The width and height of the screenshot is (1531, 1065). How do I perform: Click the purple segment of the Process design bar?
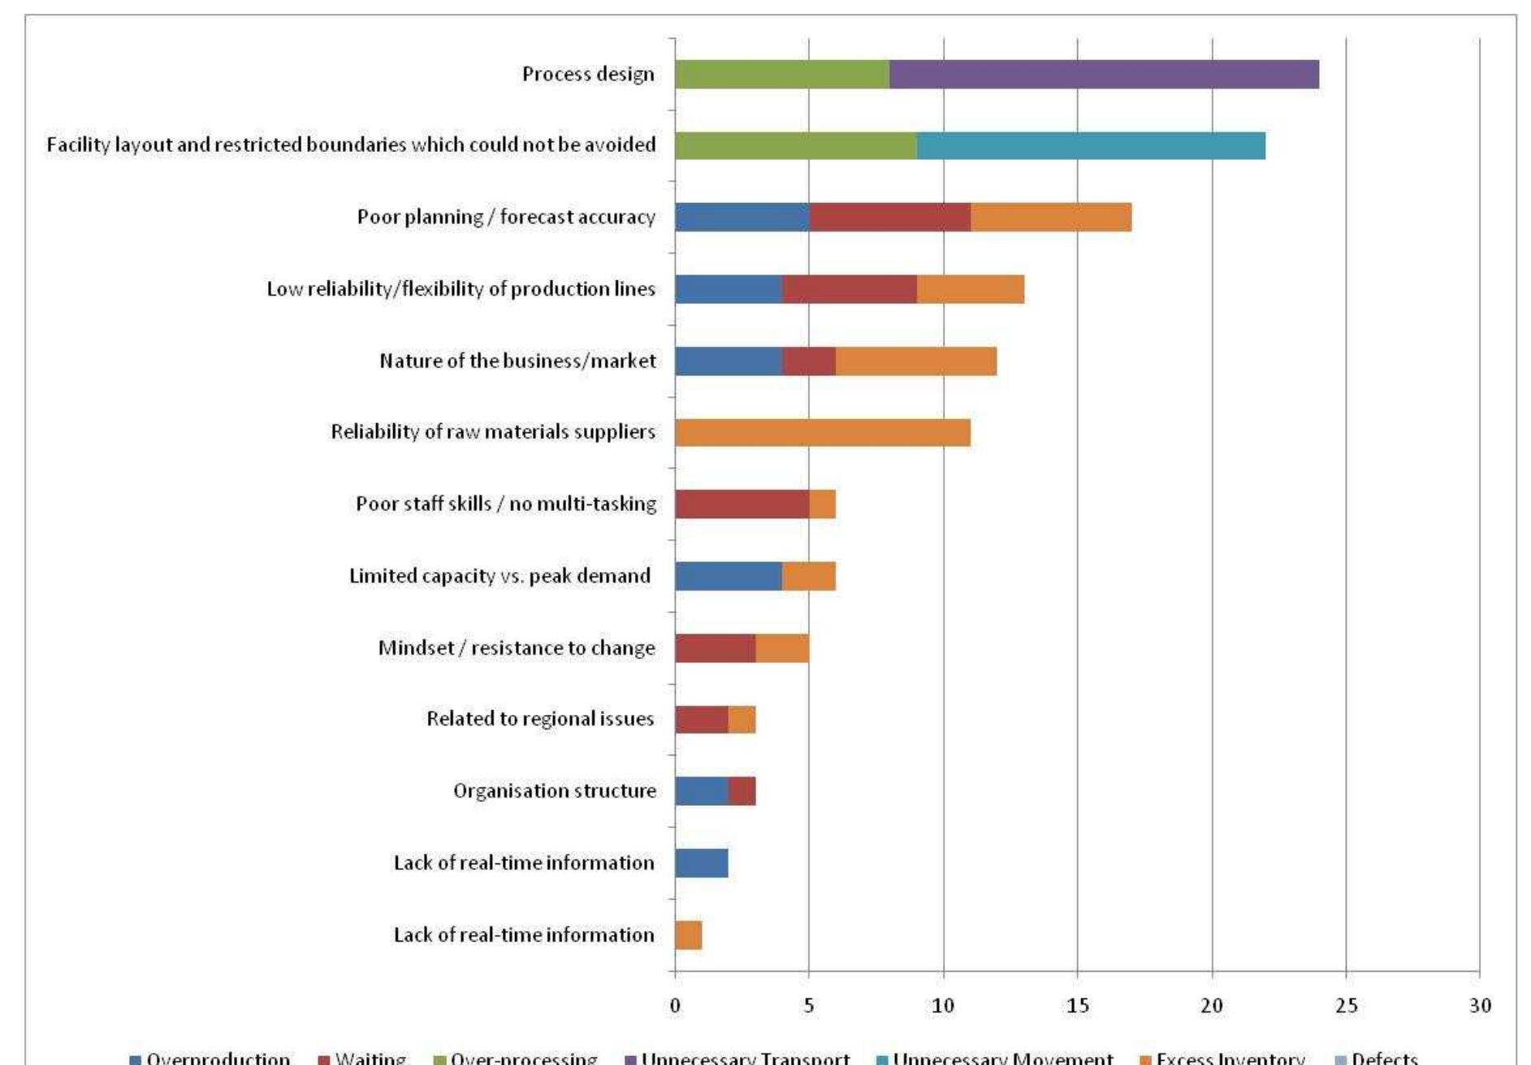click(x=1104, y=75)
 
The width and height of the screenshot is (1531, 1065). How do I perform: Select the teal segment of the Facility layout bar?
click(x=1091, y=146)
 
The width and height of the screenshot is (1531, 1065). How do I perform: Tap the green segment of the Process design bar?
click(x=781, y=75)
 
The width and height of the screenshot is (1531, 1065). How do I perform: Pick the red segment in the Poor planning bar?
click(x=889, y=218)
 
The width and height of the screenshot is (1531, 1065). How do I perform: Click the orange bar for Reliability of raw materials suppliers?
click(x=822, y=432)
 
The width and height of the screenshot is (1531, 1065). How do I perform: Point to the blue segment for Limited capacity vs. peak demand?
click(x=728, y=576)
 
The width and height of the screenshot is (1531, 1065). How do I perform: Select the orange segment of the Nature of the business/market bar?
click(x=915, y=361)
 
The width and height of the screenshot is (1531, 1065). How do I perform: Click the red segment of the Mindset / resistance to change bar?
click(x=715, y=648)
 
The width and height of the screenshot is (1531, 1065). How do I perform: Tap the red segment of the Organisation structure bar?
click(x=742, y=791)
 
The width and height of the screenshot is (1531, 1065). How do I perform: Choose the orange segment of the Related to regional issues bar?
click(x=742, y=720)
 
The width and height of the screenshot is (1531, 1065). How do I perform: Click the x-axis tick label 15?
click(x=1077, y=1006)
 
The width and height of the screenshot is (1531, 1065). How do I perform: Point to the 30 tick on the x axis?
click(x=1480, y=1006)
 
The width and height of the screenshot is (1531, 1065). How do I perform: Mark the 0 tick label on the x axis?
click(x=675, y=1006)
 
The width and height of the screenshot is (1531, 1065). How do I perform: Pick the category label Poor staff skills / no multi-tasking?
click(x=505, y=504)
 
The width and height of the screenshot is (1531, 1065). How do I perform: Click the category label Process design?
click(x=588, y=75)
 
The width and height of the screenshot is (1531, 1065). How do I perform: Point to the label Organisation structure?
click(x=554, y=791)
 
